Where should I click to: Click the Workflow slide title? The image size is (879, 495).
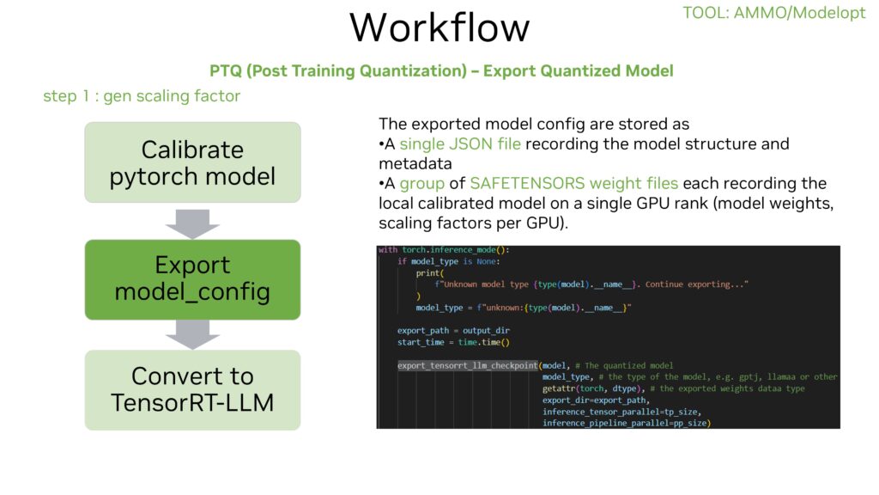(x=439, y=27)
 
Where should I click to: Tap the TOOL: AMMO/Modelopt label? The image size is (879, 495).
(x=773, y=13)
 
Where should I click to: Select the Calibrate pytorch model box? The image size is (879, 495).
(x=192, y=163)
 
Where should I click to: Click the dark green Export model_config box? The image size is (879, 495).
(x=192, y=278)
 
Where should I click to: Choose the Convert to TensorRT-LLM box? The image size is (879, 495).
(x=192, y=388)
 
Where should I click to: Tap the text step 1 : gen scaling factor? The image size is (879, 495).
(x=142, y=96)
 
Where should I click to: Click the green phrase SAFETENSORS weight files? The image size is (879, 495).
(x=574, y=183)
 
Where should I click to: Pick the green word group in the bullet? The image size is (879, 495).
(x=422, y=183)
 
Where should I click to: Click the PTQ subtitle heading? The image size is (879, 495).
(x=441, y=70)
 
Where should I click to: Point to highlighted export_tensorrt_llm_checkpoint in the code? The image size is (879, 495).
(x=467, y=365)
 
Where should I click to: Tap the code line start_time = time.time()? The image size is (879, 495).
(x=453, y=342)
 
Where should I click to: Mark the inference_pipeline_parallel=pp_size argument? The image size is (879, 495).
(x=627, y=423)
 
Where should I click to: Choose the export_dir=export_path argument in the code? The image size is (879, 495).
(x=597, y=400)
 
